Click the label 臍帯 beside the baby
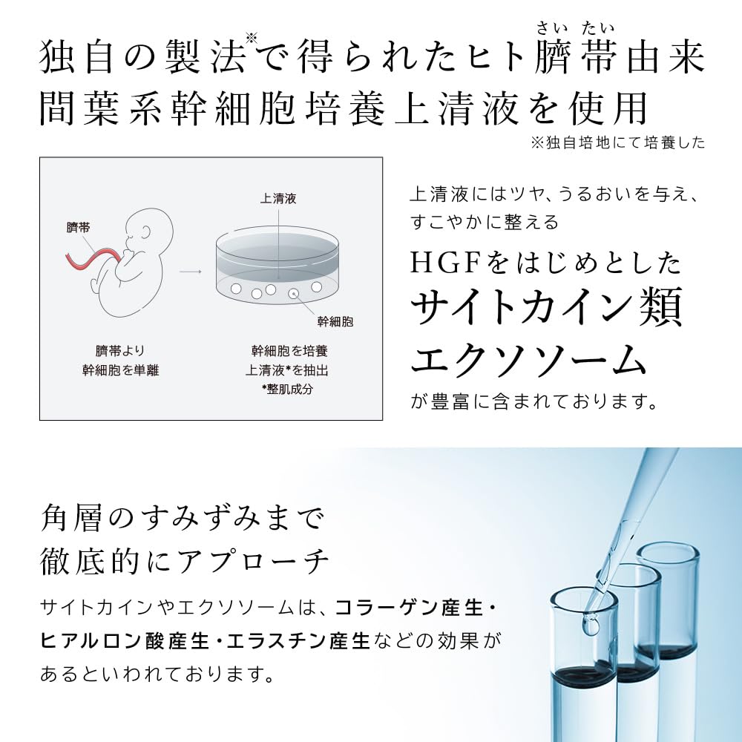(78, 228)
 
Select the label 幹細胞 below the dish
(335, 321)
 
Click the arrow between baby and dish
(191, 271)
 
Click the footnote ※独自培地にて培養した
(617, 143)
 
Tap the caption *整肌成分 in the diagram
(280, 389)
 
